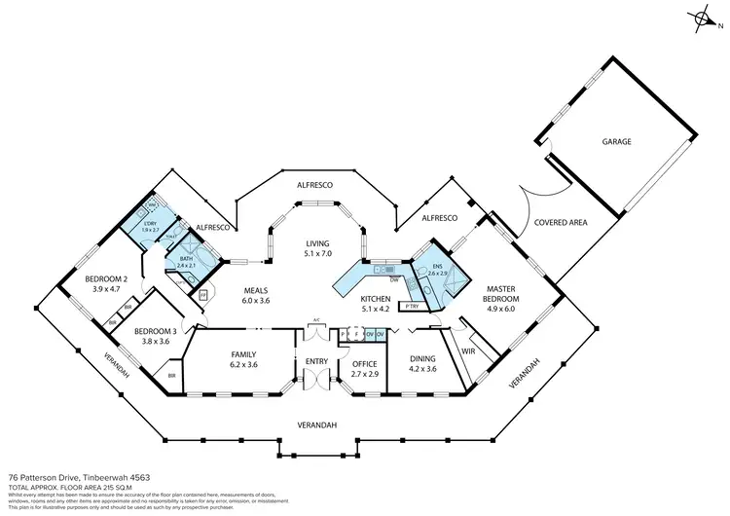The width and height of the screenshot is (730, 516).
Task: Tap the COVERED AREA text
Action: [561, 223]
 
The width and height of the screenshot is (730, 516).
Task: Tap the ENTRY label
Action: [316, 361]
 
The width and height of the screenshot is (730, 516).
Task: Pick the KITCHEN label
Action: [376, 299]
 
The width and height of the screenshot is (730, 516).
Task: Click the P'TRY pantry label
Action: [412, 307]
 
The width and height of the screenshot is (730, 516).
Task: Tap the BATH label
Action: [187, 259]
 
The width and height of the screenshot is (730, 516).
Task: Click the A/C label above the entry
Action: [316, 320]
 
